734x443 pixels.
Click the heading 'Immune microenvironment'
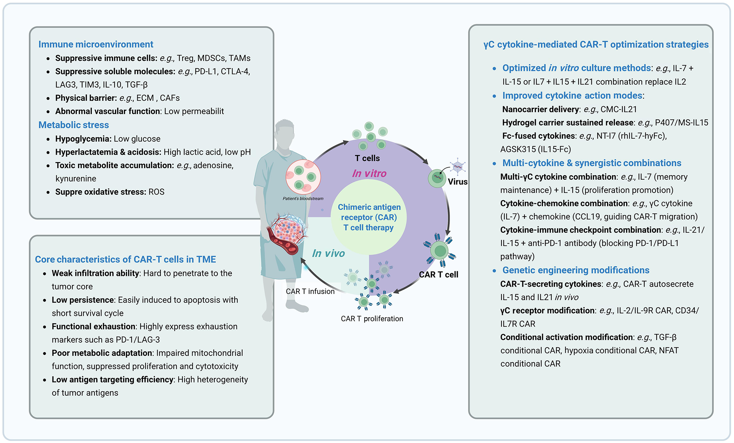pos(96,44)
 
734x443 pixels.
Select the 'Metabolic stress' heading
pos(74,125)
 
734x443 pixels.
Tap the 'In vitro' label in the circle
pos(369,173)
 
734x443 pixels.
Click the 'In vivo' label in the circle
pos(328,253)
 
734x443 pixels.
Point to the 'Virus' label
pos(458,182)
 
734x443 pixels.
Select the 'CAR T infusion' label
pos(310,291)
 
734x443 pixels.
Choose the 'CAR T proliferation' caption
pos(372,318)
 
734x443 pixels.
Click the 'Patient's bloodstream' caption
pos(303,199)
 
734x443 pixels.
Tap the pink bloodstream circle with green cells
pos(303,177)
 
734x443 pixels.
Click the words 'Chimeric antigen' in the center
pos(369,207)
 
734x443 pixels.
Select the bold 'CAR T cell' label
pos(438,274)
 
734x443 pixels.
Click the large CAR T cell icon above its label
pos(440,251)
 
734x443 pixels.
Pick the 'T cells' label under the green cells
pos(367,158)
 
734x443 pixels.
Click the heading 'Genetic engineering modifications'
pos(576,270)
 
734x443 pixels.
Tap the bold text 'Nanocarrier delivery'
pos(541,109)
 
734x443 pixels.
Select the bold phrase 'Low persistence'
pos(83,300)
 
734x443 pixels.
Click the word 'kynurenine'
pos(76,179)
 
